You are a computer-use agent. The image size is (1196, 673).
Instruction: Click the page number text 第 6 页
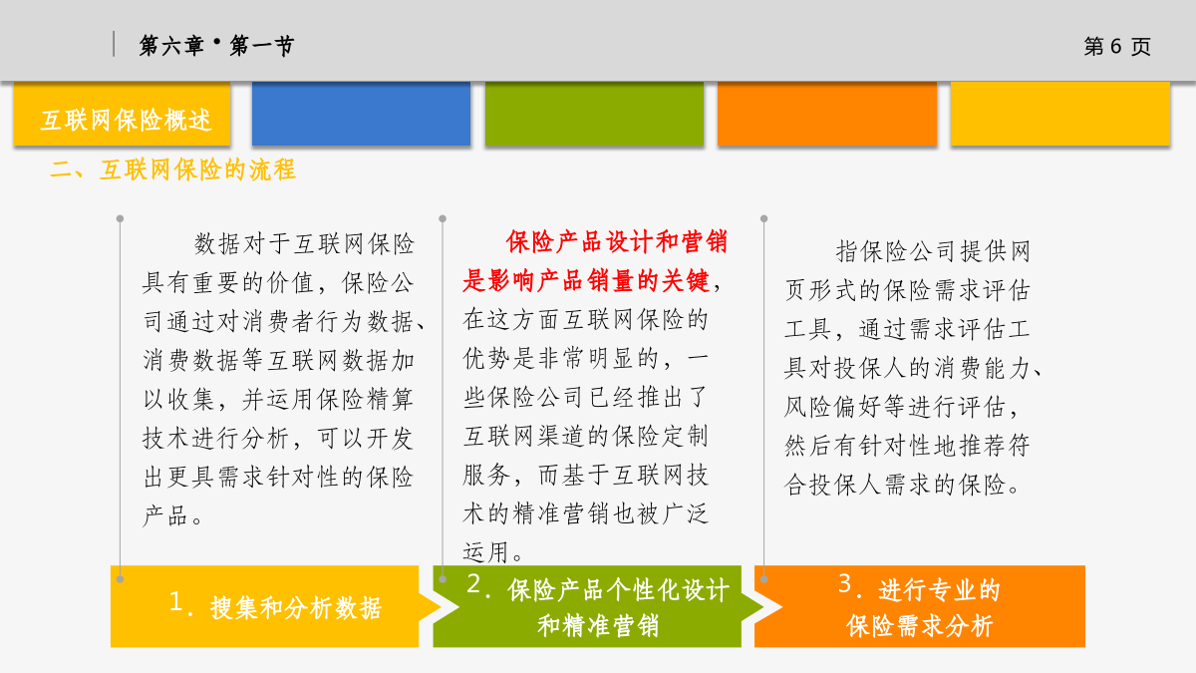point(1117,47)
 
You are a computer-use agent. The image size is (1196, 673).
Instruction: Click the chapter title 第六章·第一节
point(216,46)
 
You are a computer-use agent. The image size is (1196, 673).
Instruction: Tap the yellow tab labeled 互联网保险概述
point(123,114)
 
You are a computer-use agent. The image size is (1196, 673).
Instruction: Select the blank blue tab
point(361,114)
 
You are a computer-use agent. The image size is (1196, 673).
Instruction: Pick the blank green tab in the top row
point(594,114)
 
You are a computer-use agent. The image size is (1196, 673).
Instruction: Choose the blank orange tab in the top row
point(827,114)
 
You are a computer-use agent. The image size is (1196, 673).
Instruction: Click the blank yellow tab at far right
point(1060,114)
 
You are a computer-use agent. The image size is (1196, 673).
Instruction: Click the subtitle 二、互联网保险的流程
point(172,169)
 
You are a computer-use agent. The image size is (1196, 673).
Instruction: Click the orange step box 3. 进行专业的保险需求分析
point(920,607)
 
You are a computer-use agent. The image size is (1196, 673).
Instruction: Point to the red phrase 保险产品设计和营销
point(617,242)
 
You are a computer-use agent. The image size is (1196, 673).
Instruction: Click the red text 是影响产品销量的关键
point(586,281)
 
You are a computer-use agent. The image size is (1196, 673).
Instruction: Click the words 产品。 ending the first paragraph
point(172,516)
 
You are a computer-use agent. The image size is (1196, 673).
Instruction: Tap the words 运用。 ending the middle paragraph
point(492,552)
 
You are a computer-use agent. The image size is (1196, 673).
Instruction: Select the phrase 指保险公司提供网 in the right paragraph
point(933,251)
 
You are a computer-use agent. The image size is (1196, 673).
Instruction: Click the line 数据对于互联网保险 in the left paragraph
point(304,244)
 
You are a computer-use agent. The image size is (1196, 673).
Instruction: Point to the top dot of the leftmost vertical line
point(121,219)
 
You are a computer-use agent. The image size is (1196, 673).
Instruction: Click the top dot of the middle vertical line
point(443,219)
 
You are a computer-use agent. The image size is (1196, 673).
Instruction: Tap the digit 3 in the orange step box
point(845,583)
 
